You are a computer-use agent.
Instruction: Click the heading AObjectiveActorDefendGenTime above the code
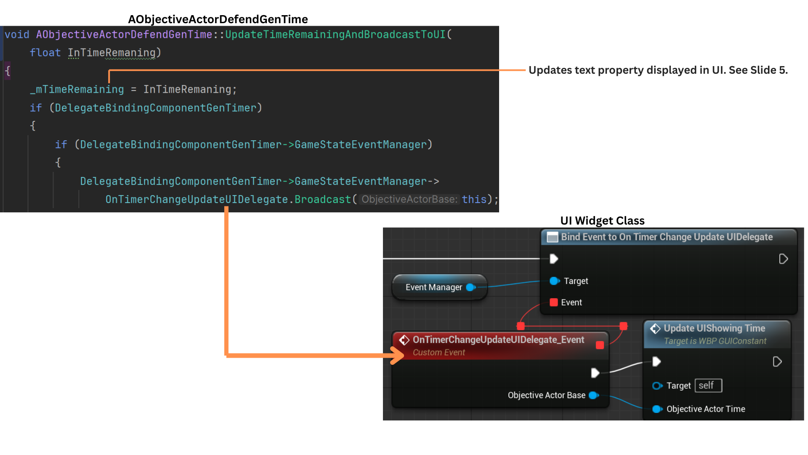click(218, 19)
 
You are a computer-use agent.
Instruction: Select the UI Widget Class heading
click(602, 221)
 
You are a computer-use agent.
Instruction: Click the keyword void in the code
click(17, 35)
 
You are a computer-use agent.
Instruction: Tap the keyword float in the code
click(45, 53)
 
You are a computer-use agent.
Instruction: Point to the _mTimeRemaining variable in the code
click(77, 89)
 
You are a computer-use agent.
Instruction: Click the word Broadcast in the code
click(322, 199)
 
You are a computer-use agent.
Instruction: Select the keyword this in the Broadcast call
click(474, 199)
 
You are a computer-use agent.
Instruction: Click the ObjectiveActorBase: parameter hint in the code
click(409, 199)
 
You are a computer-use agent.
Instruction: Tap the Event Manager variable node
click(434, 287)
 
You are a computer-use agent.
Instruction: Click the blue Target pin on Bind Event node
click(554, 281)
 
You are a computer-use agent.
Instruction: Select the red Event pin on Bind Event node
click(554, 302)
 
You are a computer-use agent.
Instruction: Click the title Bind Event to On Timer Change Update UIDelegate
click(667, 237)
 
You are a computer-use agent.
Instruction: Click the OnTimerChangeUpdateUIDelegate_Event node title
click(498, 340)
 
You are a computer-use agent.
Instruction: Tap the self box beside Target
click(708, 385)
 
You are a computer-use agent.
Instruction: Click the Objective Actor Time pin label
click(706, 409)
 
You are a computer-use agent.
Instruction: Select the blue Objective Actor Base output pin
click(594, 395)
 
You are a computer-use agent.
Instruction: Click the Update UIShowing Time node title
click(714, 328)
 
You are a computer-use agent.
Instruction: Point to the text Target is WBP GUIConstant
click(715, 341)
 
